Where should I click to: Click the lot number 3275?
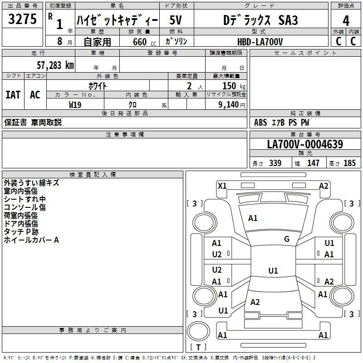point(23,20)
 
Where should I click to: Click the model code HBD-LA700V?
point(260,41)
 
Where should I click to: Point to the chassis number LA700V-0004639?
point(305,144)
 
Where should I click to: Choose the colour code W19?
point(75,104)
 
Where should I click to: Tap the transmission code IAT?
point(13,94)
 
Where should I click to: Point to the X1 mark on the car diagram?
point(222,186)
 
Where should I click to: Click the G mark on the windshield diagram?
point(287,239)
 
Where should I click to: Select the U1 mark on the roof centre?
point(273,271)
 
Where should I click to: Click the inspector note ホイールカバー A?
point(32,240)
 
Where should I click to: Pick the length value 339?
point(275,163)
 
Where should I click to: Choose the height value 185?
point(349,163)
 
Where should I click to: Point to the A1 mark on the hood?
point(253,218)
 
